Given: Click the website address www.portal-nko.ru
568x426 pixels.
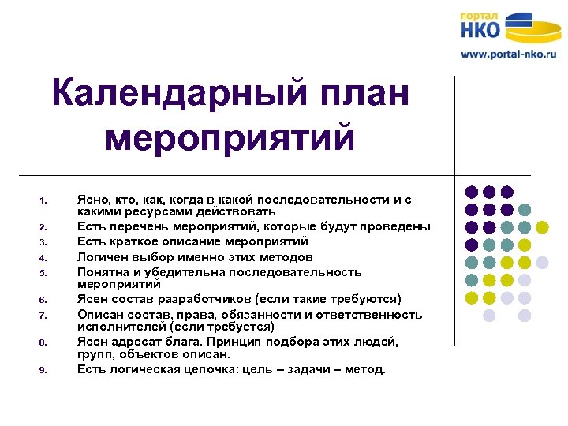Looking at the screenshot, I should point(508,54).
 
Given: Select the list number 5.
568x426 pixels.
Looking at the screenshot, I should point(45,274).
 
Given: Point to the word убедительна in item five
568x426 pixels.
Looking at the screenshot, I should point(186,272).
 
